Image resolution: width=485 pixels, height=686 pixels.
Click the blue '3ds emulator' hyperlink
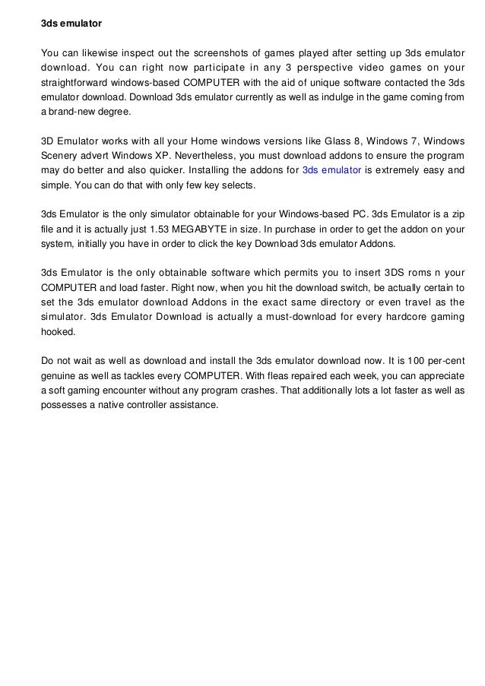(x=331, y=171)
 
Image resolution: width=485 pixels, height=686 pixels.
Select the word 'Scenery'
(x=59, y=156)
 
